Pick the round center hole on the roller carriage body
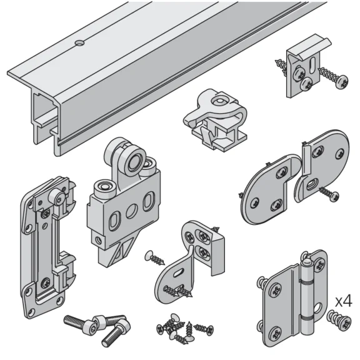tap(131, 210)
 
